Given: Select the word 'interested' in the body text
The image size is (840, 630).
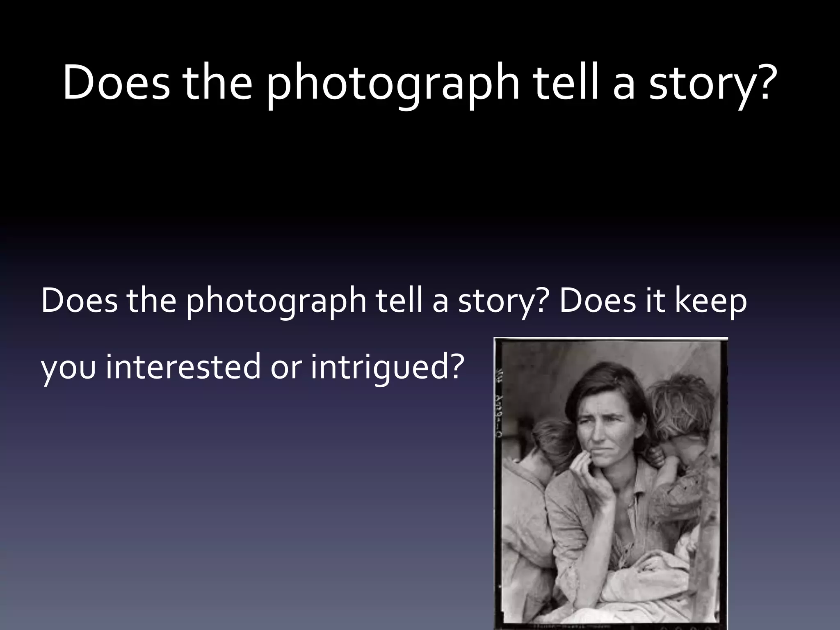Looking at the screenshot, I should pyautogui.click(x=183, y=366).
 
